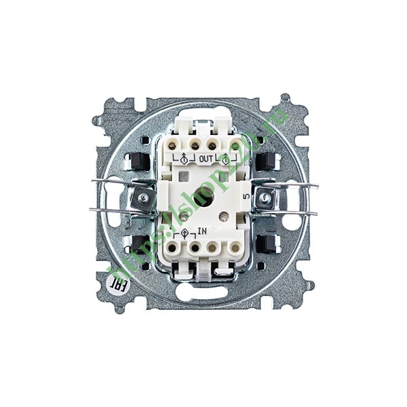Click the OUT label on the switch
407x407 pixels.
(206, 159)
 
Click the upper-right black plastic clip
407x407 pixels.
(266, 161)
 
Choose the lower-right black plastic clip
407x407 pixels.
(266, 243)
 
